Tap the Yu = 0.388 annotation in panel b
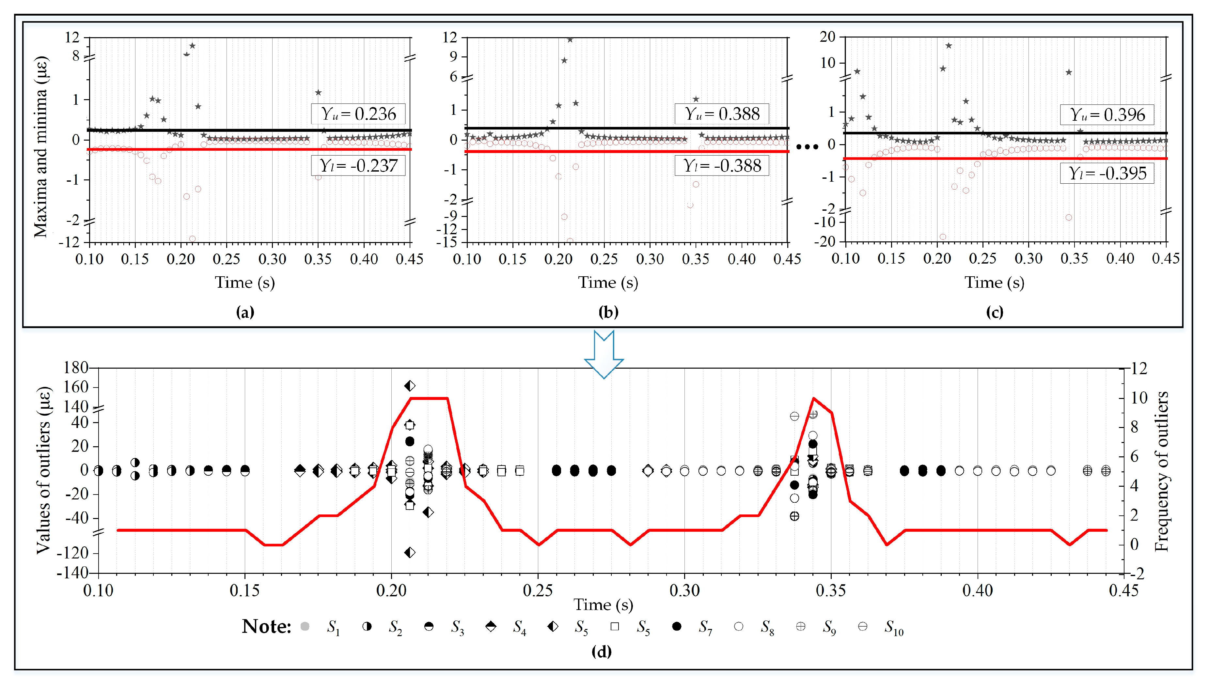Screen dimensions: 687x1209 click(722, 114)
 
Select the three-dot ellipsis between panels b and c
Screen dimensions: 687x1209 click(807, 147)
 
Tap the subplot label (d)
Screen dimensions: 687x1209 click(602, 652)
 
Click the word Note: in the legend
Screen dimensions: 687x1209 click(266, 627)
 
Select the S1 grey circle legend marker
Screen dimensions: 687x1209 click(305, 627)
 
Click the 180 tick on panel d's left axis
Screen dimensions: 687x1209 click(76, 368)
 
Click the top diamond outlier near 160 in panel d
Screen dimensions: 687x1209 click(410, 386)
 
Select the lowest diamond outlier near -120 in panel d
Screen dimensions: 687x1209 click(410, 553)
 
